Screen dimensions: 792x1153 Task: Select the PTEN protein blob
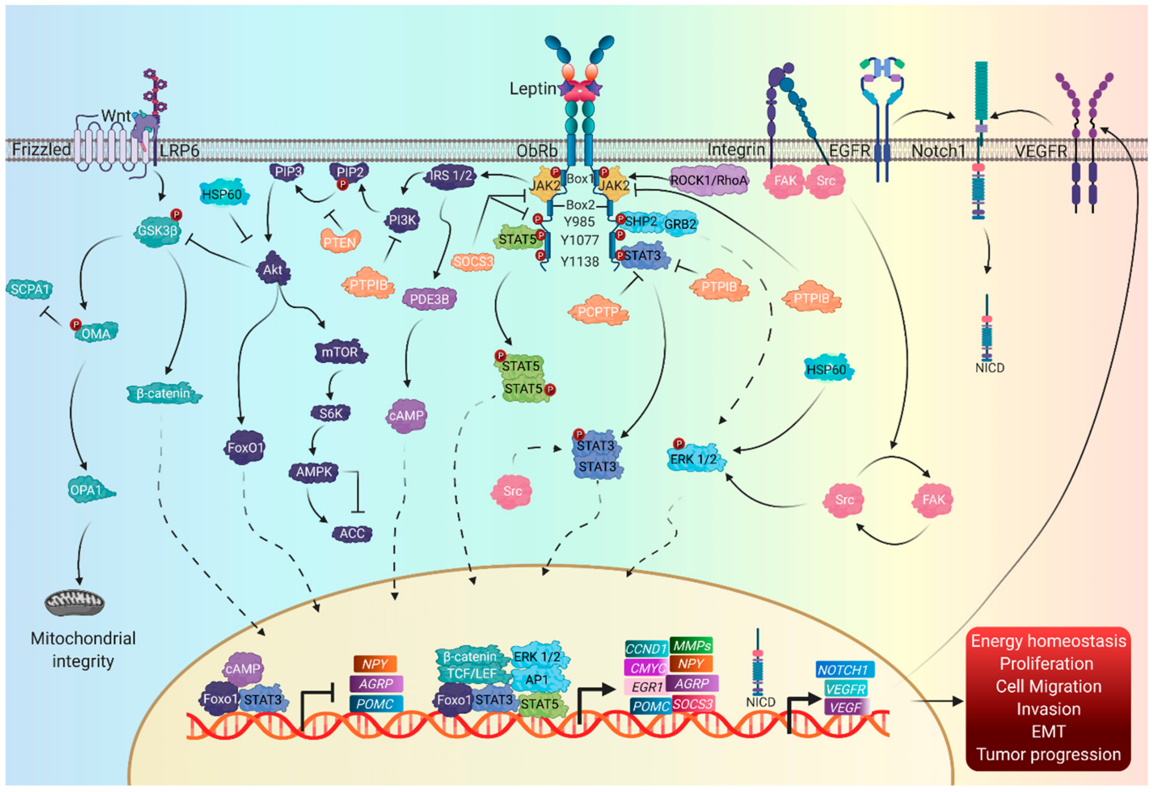pyautogui.click(x=340, y=242)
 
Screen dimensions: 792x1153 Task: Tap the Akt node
pyautogui.click(x=272, y=270)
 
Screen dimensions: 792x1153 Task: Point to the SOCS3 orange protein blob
pyautogui.click(x=473, y=261)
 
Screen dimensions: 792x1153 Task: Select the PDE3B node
pyautogui.click(x=429, y=299)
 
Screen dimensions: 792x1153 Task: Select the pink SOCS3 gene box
pyautogui.click(x=693, y=704)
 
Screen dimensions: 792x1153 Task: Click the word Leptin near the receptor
pyautogui.click(x=532, y=89)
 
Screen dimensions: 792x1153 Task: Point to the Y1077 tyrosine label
pyautogui.click(x=580, y=240)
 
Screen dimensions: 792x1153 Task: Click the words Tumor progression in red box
pyautogui.click(x=1048, y=754)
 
